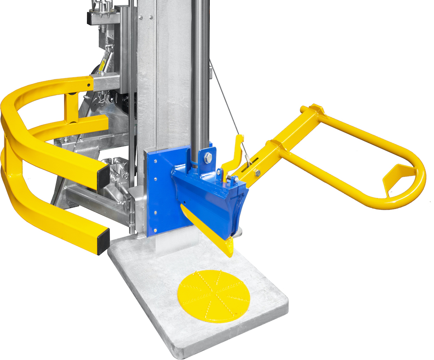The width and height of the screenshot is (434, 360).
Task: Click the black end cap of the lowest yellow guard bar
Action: pyautogui.click(x=102, y=239)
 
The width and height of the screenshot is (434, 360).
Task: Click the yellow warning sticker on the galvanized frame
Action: pyautogui.click(x=103, y=66)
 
